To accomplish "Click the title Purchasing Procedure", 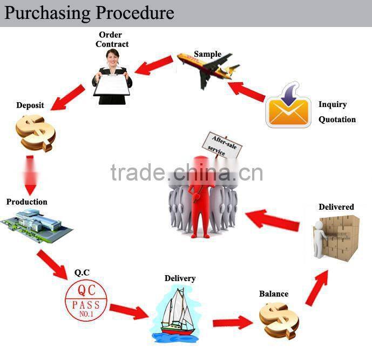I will pyautogui.click(x=90, y=12).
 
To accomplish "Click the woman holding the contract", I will pyautogui.click(x=112, y=76).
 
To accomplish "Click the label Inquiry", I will pyautogui.click(x=333, y=104).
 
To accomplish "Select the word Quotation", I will pyautogui.click(x=337, y=119).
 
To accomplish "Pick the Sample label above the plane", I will pyautogui.click(x=208, y=54).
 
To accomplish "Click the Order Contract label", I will pyautogui.click(x=112, y=39).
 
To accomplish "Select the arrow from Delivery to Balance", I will pyautogui.click(x=232, y=323).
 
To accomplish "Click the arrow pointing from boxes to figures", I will pyautogui.click(x=273, y=219).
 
